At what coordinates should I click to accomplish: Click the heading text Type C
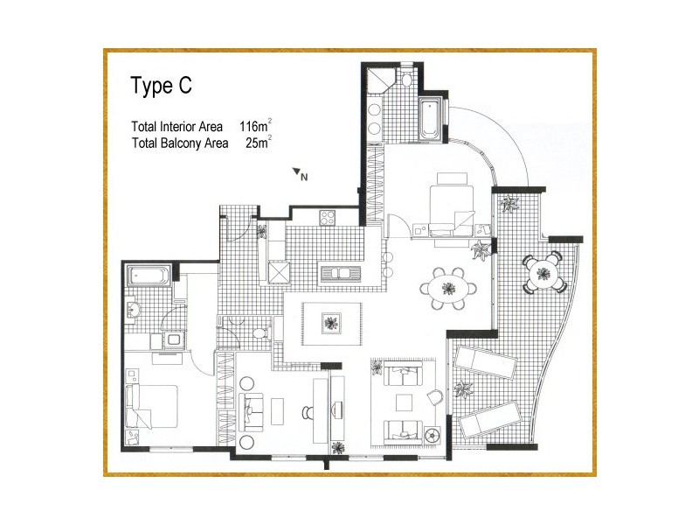(x=161, y=87)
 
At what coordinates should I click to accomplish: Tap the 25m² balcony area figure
(x=259, y=142)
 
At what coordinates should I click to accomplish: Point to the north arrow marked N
(x=301, y=174)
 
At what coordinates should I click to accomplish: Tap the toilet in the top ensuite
(x=407, y=80)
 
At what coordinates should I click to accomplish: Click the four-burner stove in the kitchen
(x=328, y=217)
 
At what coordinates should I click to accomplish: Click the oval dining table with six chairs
(x=448, y=287)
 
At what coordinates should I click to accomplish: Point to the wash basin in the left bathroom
(x=134, y=309)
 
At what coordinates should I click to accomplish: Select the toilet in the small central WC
(x=258, y=333)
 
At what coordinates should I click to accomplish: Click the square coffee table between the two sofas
(x=403, y=402)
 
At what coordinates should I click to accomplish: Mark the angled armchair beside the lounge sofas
(x=434, y=396)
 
